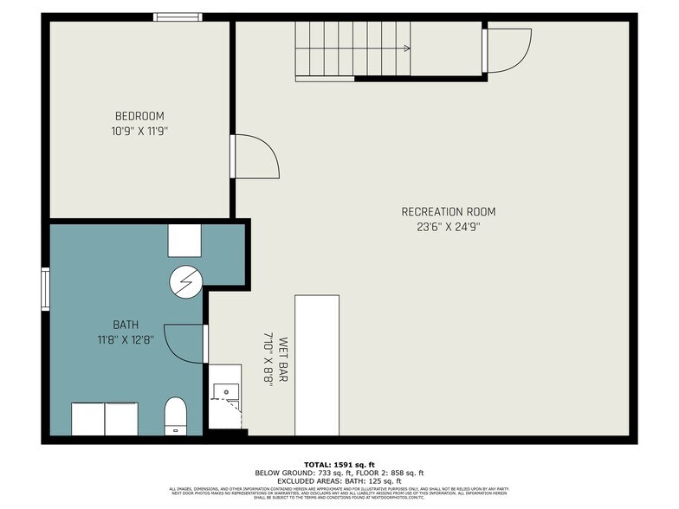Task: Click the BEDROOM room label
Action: click(139, 116)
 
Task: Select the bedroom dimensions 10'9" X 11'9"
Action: click(139, 132)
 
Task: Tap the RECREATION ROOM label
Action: click(448, 211)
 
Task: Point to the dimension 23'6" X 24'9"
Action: click(448, 227)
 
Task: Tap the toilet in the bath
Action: click(176, 416)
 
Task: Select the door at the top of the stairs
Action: click(508, 50)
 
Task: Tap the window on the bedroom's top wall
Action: click(178, 16)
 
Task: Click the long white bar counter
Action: click(317, 364)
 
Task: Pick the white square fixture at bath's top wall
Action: click(184, 240)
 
